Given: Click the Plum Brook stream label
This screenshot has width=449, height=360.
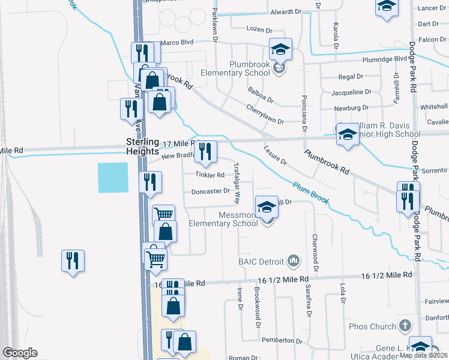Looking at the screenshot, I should tap(310, 193).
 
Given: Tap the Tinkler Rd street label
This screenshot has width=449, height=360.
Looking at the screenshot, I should tap(209, 175).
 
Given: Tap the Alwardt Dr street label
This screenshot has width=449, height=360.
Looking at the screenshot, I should tap(286, 11).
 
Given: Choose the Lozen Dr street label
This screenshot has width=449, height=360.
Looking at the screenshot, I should tap(259, 29).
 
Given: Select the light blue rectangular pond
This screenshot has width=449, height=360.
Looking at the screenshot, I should tap(113, 178).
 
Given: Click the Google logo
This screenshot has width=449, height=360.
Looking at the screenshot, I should tap(20, 353).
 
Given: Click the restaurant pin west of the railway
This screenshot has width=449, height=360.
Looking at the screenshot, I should tap(73, 261).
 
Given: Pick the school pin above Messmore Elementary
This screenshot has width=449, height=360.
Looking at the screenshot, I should tap(267, 207).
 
